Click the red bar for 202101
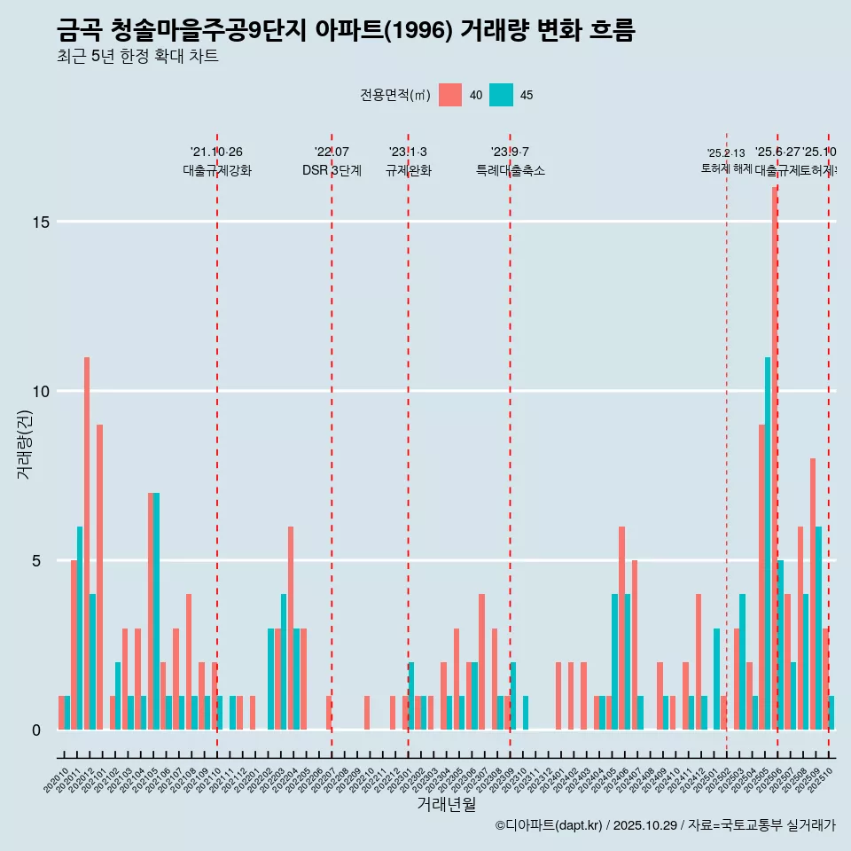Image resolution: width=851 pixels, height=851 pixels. tap(99, 576)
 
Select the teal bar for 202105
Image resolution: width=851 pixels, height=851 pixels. tap(157, 611)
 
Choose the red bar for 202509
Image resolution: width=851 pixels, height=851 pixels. tap(812, 594)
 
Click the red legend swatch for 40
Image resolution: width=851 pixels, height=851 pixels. tap(450, 95)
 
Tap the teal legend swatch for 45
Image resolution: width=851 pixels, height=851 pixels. tap(502, 95)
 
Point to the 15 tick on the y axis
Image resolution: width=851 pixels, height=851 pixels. tap(40, 222)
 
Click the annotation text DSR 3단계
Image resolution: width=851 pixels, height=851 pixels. tap(332, 171)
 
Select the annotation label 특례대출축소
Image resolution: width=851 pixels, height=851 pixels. tap(510, 171)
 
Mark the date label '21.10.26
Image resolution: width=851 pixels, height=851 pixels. tap(216, 152)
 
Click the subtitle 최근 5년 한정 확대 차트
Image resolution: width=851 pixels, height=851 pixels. tap(137, 57)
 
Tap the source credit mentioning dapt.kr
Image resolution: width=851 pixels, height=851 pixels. tap(665, 825)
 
